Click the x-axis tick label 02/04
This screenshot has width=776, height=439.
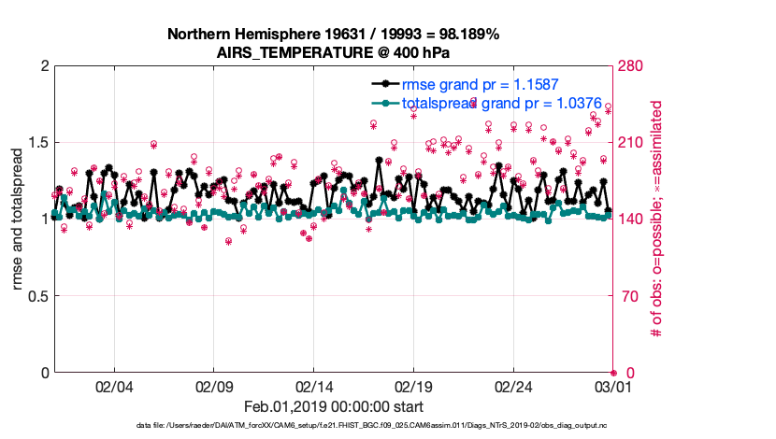click(x=114, y=386)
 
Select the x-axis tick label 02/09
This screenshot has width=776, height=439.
click(x=214, y=386)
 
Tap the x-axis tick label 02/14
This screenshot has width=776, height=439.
click(x=314, y=386)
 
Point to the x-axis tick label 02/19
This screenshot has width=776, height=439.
click(x=414, y=386)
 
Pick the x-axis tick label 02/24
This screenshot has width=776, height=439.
click(x=514, y=386)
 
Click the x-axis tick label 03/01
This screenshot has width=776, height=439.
click(x=613, y=386)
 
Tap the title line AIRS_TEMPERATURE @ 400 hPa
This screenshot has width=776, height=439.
click(x=334, y=51)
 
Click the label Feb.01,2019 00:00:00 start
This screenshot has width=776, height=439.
click(x=334, y=406)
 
